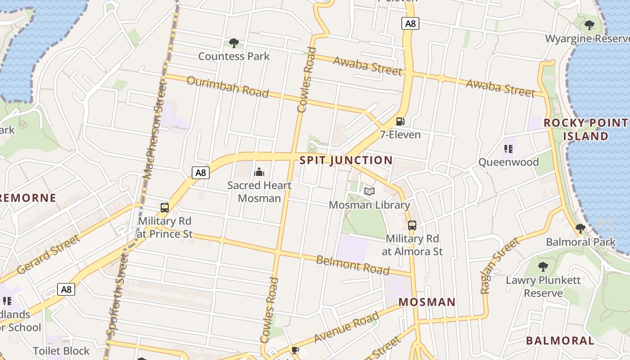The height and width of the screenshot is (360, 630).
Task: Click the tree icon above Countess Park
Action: click(x=234, y=43)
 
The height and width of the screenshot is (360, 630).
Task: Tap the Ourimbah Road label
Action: click(x=227, y=87)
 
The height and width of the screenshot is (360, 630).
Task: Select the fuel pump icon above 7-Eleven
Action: click(x=400, y=121)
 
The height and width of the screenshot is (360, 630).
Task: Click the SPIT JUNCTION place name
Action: click(x=346, y=160)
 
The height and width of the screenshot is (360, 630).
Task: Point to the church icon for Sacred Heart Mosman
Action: click(x=259, y=172)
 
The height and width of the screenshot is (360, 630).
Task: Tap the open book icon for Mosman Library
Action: click(x=369, y=192)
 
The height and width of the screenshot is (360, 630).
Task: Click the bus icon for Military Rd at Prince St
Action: click(x=165, y=208)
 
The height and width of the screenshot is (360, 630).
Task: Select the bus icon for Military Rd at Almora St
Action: click(x=412, y=225)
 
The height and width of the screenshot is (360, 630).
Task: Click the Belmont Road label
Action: click(x=352, y=264)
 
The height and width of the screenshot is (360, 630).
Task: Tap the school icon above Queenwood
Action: click(x=509, y=149)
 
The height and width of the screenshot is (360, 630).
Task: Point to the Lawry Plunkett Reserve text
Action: click(x=543, y=287)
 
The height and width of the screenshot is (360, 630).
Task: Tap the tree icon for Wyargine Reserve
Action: click(x=589, y=25)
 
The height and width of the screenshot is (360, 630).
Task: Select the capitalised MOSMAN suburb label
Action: click(x=427, y=302)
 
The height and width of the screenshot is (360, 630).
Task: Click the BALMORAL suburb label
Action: click(x=560, y=340)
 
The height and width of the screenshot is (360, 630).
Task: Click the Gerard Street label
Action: click(x=49, y=254)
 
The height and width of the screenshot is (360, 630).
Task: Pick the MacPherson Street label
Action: click(x=154, y=130)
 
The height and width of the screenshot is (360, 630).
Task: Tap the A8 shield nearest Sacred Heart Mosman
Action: click(x=201, y=172)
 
